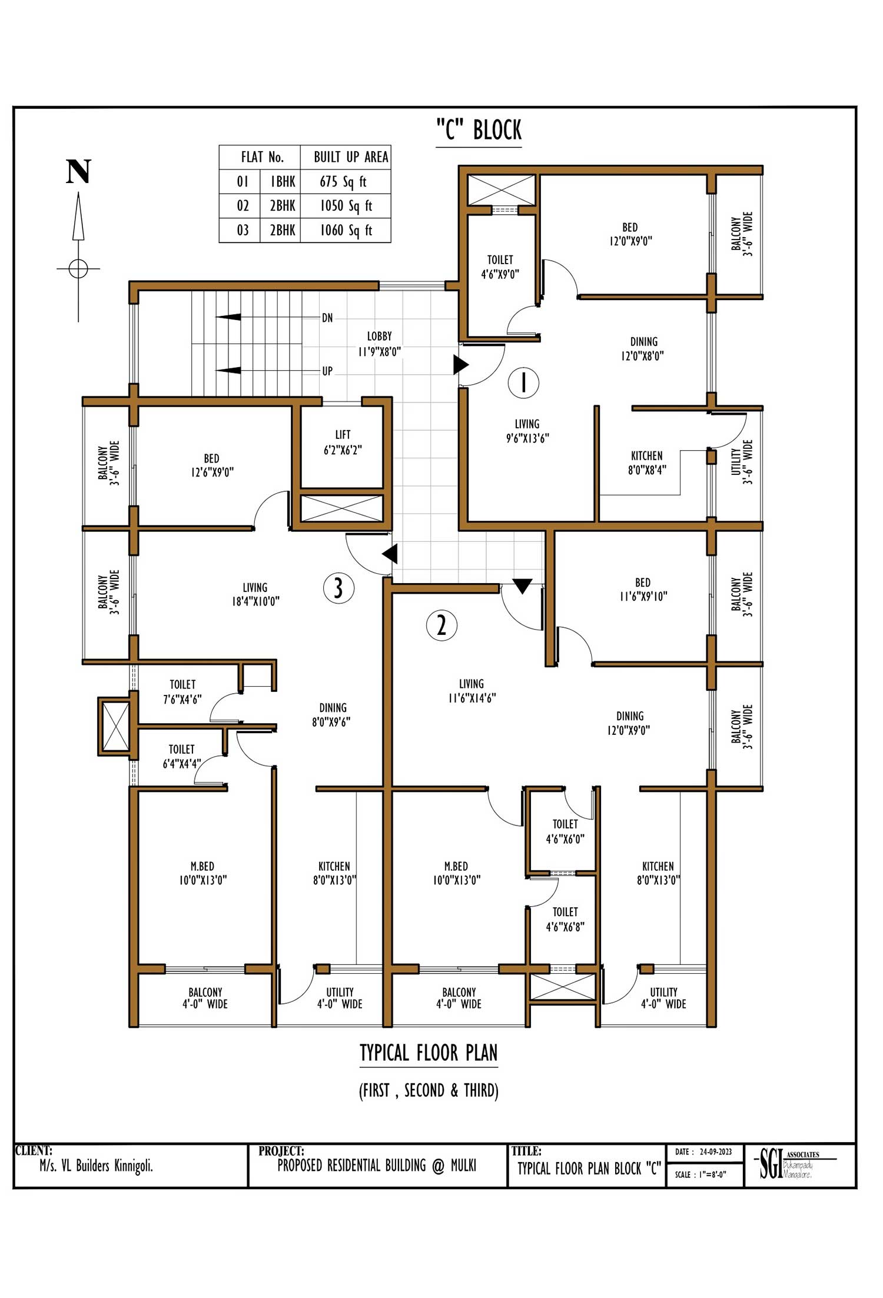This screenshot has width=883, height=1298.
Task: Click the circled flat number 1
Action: point(523,382)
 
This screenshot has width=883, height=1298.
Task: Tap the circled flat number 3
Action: point(338,588)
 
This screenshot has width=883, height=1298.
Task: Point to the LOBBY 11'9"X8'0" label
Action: point(379,344)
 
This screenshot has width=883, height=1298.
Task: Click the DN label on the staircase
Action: point(327,318)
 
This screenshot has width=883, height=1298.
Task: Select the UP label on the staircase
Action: point(327,371)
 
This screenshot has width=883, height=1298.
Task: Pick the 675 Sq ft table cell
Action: point(343,181)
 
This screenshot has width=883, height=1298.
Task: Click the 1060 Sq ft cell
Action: point(346,230)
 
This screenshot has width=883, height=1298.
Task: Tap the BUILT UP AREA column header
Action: point(351,157)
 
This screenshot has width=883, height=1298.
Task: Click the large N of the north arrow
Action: point(78,172)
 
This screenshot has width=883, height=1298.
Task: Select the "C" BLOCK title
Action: point(479,129)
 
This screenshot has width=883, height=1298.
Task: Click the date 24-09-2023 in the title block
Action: point(715,1151)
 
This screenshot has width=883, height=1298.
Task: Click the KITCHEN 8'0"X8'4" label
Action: point(647,462)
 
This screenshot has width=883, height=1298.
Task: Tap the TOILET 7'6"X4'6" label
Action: point(182,691)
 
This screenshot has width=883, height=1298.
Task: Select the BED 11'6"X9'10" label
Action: point(643,589)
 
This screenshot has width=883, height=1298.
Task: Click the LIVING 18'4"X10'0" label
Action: point(255,594)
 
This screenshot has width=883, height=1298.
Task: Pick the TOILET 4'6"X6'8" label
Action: point(565,919)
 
